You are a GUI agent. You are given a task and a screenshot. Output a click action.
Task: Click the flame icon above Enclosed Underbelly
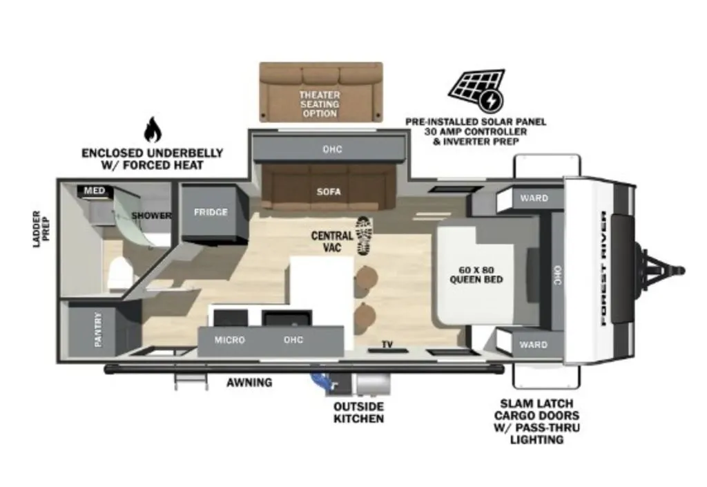coord(153,129)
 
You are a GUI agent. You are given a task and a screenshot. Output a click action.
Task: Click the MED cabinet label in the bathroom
coord(94,190)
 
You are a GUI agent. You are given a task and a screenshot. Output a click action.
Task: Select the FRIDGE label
coord(211,212)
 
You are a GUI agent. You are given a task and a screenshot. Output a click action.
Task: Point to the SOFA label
coord(329,191)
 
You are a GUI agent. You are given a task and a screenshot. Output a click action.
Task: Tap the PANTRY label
coord(98,330)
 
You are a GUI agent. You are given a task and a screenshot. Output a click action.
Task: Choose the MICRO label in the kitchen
coord(229,340)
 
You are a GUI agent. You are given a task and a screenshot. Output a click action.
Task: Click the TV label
coord(387,345)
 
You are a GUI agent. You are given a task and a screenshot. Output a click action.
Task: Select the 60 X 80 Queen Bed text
coord(476,275)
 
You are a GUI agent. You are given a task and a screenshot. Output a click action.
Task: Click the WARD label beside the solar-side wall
coord(534,198)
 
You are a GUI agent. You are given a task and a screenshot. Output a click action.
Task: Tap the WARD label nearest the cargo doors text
coord(533,345)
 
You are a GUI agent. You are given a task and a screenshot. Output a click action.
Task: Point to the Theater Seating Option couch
coord(320,92)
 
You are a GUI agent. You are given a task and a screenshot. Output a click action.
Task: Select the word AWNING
coord(249,383)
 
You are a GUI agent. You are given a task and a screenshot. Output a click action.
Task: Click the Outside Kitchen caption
coord(359,412)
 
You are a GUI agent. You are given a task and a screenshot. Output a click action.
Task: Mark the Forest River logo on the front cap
coord(603,268)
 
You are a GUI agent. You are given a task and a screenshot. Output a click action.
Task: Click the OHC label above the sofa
coord(332,149)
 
